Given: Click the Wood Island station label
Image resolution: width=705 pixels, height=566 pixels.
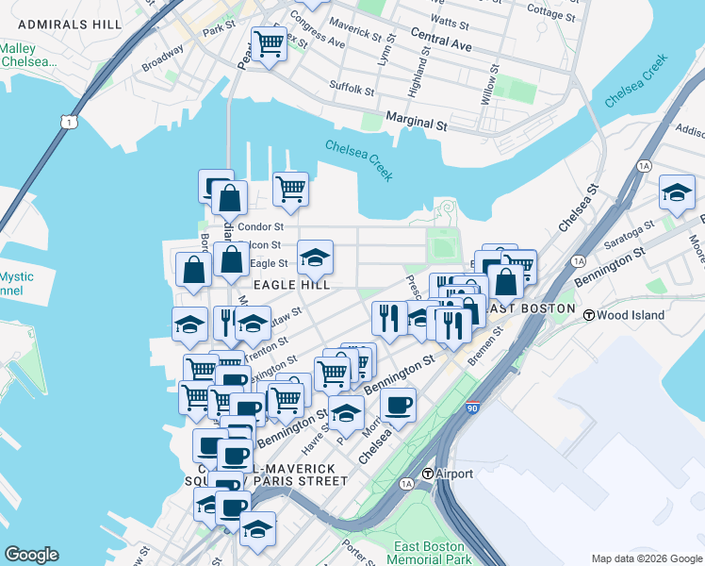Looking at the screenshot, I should tap(621, 315).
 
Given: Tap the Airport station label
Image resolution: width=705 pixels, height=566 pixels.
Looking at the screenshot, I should tap(449, 474).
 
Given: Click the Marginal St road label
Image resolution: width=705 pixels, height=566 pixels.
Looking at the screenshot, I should tap(416, 124).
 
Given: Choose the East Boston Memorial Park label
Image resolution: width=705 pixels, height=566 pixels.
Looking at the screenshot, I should tap(430, 553).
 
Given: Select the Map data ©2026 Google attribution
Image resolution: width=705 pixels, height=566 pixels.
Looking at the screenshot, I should tap(646, 558).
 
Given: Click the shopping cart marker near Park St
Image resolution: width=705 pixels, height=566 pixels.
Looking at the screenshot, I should tap(270, 43).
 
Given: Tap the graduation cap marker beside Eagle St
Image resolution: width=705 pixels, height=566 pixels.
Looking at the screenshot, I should tap(316, 257).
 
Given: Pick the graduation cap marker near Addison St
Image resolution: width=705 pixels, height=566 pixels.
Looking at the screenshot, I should tap(676, 193).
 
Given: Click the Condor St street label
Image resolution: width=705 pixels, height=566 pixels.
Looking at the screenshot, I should tap(261, 227).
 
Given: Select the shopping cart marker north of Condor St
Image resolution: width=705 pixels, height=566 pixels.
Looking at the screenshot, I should tap(290, 189).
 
